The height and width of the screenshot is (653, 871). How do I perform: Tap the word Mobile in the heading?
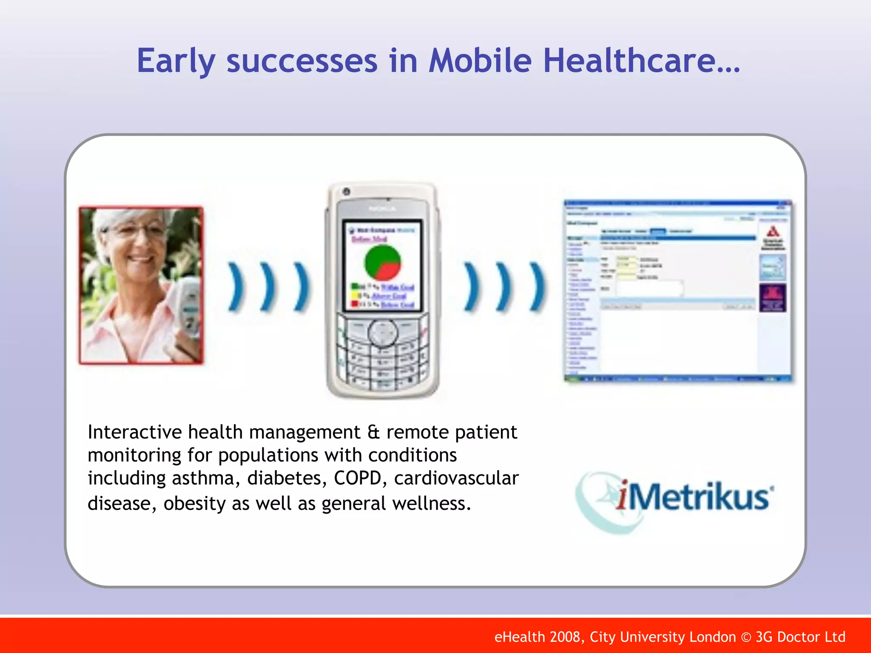(480, 60)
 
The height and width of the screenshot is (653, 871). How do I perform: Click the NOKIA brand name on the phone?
(382, 209)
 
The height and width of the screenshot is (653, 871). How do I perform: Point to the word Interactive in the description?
(135, 432)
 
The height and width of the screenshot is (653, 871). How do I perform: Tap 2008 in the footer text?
(564, 637)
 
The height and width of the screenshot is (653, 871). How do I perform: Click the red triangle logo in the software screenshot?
(773, 232)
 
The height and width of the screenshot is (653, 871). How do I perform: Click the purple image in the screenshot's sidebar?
(772, 298)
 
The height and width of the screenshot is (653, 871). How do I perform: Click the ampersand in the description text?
(373, 432)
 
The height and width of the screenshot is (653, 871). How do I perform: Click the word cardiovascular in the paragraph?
(456, 478)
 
